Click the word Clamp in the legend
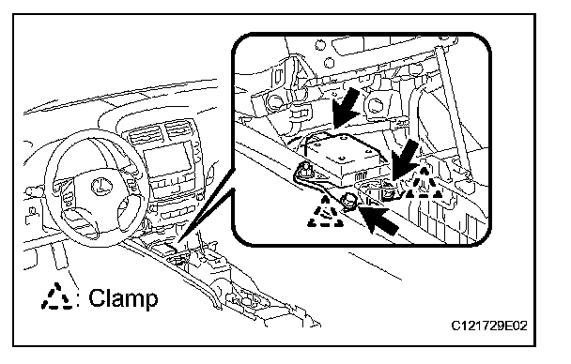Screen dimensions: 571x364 123,299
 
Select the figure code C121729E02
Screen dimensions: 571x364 489,326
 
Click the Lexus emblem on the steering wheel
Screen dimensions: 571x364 98,186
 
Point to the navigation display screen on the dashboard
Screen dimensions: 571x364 168,161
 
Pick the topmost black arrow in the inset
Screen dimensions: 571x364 345,108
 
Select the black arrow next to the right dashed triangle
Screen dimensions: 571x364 405,159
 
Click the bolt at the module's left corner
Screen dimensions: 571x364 306,168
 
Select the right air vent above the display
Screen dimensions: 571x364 178,129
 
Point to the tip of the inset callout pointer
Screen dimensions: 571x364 178,243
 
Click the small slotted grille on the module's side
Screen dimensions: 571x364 360,176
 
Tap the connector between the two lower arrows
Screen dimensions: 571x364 389,190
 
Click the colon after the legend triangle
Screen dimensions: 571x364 80,299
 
